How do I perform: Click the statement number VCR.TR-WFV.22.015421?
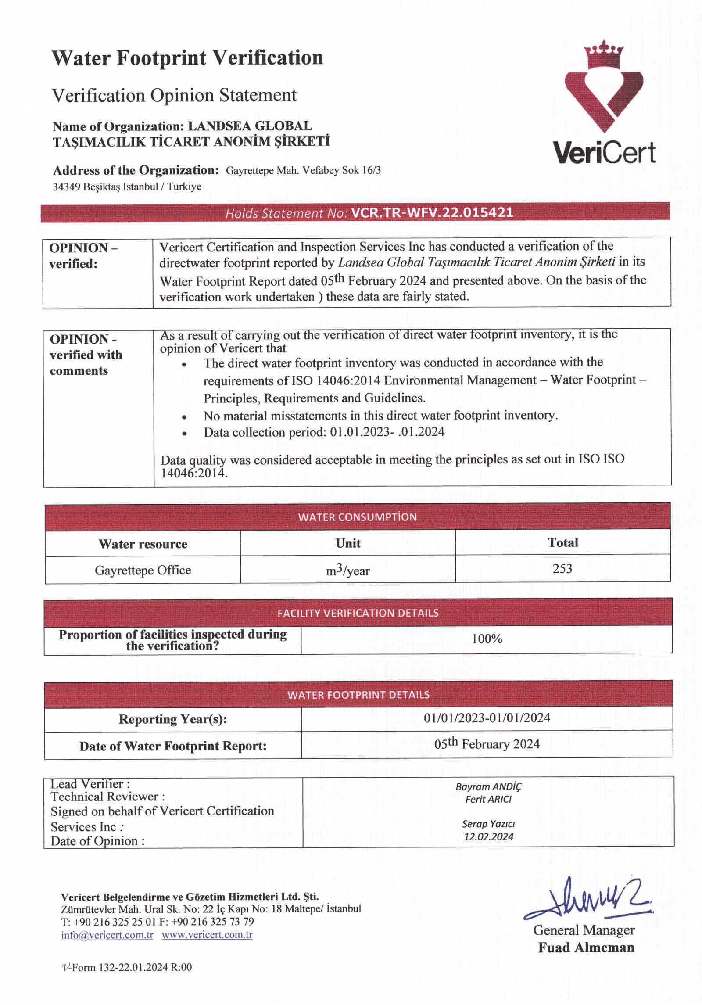(432, 213)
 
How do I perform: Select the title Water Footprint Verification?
(187, 58)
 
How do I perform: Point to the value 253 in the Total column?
(562, 569)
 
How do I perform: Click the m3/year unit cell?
(347, 571)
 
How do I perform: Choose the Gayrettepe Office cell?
(143, 570)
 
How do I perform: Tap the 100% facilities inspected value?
(487, 639)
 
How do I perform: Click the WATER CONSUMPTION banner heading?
(357, 517)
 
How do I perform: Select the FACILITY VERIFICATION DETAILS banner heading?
(358, 613)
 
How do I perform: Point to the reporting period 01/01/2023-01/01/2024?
(487, 718)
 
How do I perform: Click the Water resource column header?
(143, 544)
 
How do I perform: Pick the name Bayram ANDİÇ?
(488, 786)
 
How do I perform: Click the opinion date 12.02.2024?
(488, 836)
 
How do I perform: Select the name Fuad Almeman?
(586, 948)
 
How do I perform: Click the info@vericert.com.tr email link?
(107, 935)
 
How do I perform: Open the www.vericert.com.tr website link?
(207, 935)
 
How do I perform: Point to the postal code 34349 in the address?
(66, 187)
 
